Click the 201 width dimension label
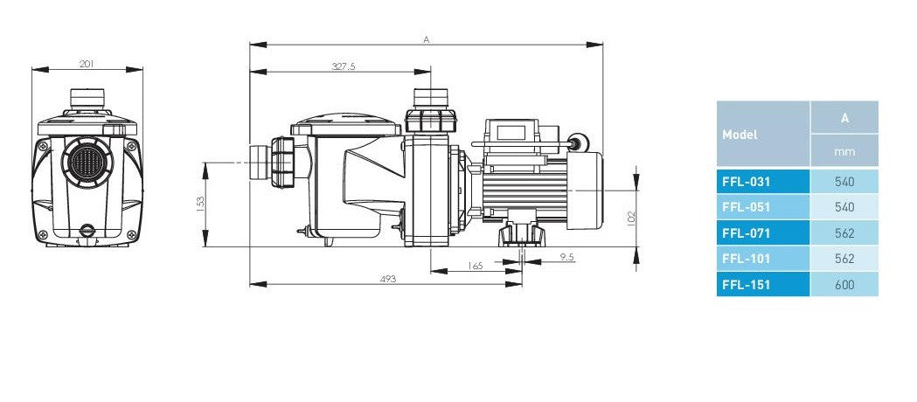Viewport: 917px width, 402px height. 87,64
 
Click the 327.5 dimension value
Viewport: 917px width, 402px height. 344,66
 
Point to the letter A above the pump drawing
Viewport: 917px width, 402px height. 427,39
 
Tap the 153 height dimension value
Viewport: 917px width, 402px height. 200,204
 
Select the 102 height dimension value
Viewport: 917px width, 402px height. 630,218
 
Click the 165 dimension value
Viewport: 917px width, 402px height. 476,266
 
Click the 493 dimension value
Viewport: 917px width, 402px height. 388,279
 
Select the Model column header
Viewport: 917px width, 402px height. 740,135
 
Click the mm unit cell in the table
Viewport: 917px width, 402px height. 844,151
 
